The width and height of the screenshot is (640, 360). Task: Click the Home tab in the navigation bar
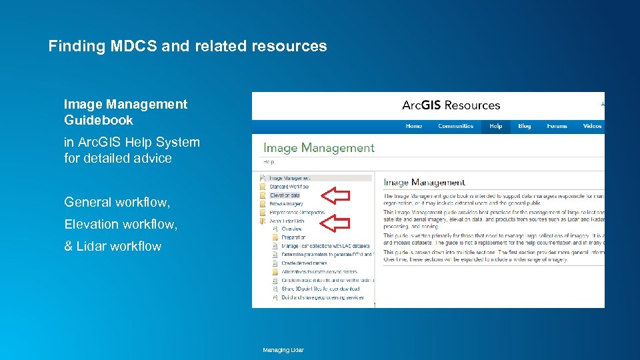tap(413, 126)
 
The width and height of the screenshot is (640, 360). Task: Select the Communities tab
tap(455, 126)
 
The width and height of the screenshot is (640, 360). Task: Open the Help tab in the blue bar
tap(495, 126)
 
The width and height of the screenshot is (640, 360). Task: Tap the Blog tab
tap(525, 126)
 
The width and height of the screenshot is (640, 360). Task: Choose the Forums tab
tap(557, 126)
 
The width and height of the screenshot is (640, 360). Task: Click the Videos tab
tap(592, 126)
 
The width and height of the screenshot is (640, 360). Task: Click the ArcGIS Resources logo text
tap(451, 105)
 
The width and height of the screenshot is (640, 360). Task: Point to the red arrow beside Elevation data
tap(336, 195)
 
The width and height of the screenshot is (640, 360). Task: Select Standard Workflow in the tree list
tap(289, 187)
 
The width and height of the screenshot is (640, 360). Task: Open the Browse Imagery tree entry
tap(286, 204)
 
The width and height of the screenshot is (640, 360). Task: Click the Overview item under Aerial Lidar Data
tap(291, 229)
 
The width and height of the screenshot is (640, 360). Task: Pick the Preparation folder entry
tap(293, 237)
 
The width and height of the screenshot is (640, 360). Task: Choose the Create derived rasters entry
tap(303, 263)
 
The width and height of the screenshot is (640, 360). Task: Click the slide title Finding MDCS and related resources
tap(187, 46)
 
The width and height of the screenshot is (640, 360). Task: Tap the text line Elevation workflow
tap(121, 224)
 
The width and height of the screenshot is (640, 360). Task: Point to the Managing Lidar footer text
tap(283, 350)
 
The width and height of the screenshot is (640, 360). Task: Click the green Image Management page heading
tap(319, 148)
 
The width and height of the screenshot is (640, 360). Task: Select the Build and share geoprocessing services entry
tap(322, 297)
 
